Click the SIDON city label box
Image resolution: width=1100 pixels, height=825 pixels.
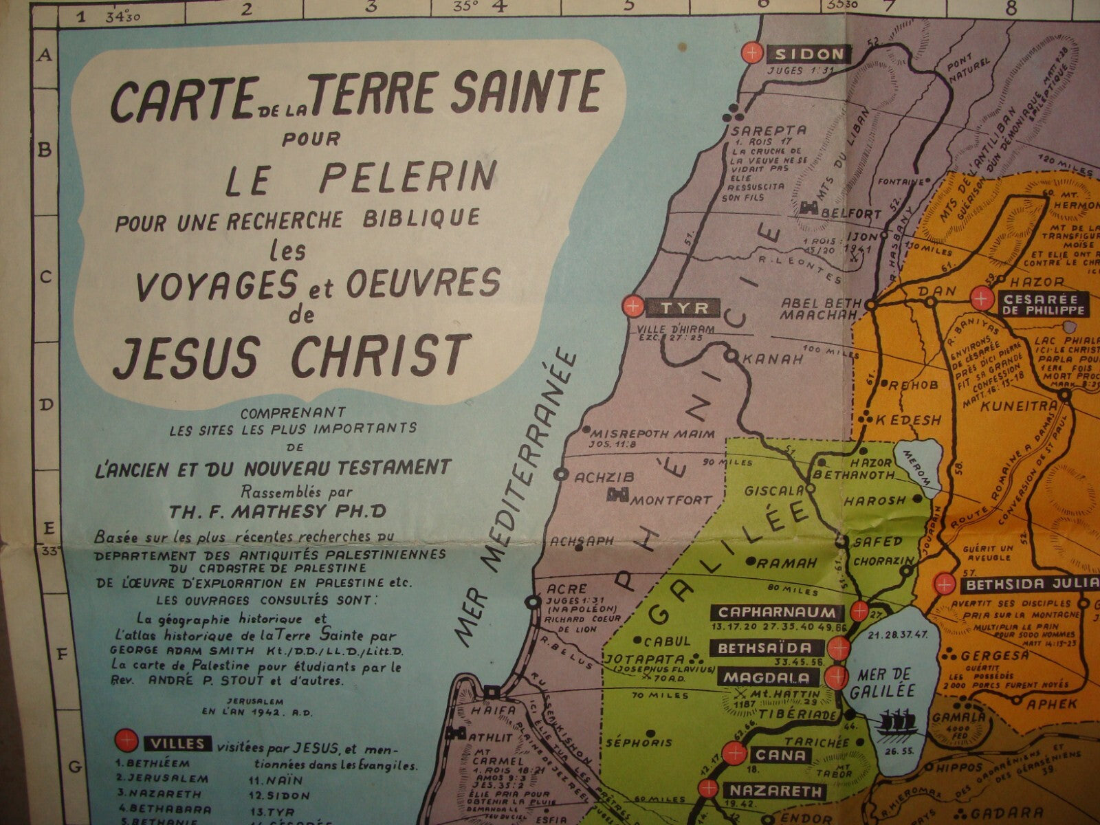pos(810,54)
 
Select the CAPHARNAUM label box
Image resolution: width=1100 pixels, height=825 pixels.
pos(777,612)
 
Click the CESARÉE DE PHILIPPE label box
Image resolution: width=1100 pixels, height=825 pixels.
pos(1043,304)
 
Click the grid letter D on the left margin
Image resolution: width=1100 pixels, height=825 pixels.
pos(46,406)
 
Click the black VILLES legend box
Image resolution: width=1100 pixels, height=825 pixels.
pos(175,744)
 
